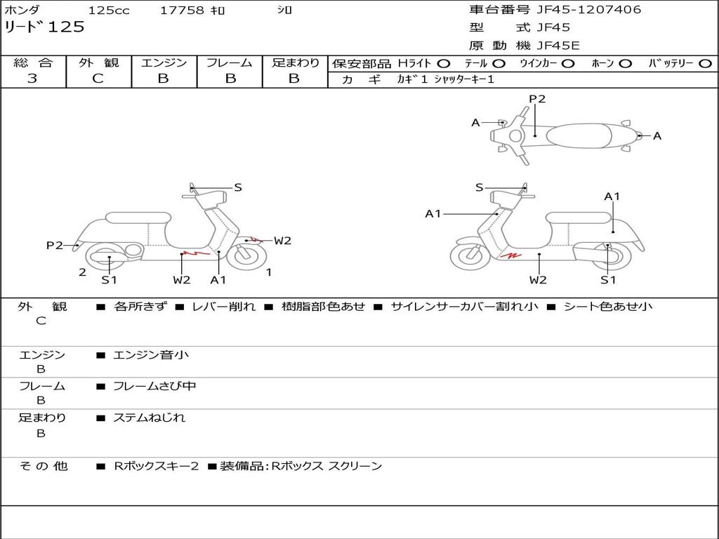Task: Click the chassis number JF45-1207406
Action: point(588,10)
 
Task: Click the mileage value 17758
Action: point(182,11)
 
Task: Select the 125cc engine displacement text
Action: point(109,11)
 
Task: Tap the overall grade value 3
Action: point(32,79)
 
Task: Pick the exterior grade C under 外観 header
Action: point(98,79)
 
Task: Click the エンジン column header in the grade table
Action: point(164,63)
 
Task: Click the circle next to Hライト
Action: point(444,64)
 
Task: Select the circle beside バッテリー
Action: point(705,64)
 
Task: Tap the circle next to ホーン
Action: point(626,64)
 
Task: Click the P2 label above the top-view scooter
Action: point(537,99)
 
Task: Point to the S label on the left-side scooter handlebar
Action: point(238,187)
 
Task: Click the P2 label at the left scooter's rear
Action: point(54,245)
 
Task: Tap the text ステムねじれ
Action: point(149,418)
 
